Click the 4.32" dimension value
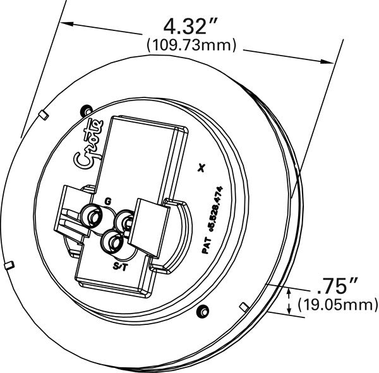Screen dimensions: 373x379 (x=190, y=27)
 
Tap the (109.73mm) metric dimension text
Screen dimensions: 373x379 (x=191, y=45)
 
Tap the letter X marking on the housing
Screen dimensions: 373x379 (x=202, y=168)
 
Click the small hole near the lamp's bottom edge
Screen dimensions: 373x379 (x=203, y=309)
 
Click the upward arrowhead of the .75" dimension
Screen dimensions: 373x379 (x=289, y=290)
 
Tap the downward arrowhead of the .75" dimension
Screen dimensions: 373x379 (x=289, y=308)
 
